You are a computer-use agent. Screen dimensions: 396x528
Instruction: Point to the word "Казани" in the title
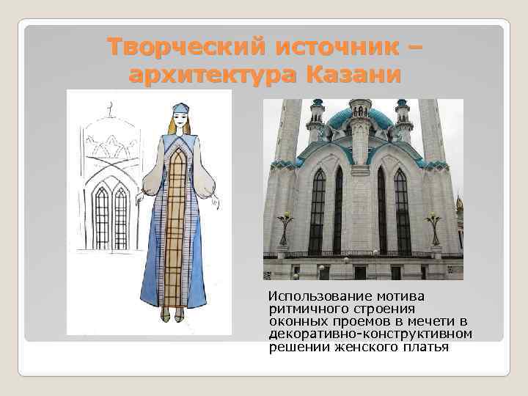point(353,75)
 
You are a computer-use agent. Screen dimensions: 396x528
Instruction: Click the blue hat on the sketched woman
point(180,108)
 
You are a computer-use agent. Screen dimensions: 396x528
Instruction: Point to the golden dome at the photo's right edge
point(459,204)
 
